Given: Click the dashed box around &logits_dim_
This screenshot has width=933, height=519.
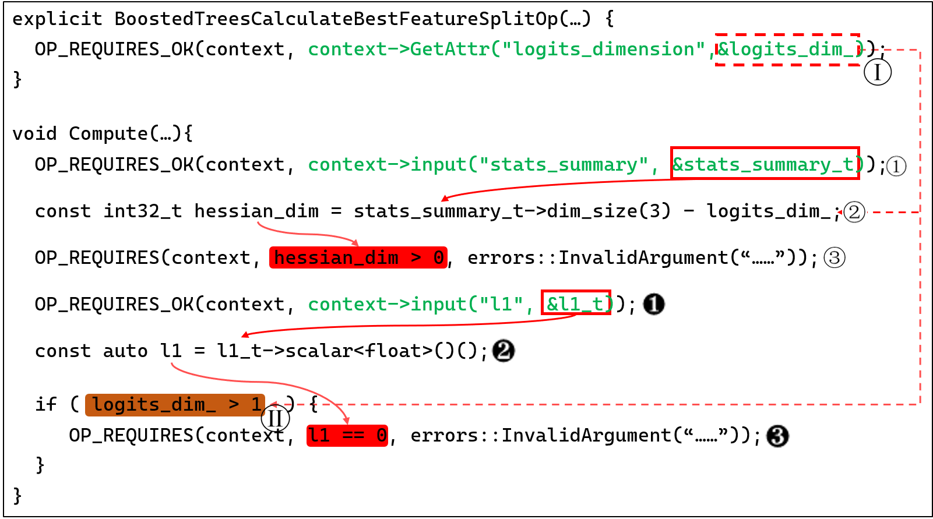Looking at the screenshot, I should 787,50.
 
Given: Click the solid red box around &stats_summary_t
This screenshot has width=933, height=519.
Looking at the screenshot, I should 765,163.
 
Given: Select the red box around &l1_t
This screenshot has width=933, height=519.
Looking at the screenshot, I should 576,302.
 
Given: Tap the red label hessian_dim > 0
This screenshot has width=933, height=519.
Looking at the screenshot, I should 358,257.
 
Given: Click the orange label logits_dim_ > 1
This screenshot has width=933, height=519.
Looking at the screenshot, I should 175,405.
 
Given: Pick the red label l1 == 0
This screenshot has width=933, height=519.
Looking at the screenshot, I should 347,436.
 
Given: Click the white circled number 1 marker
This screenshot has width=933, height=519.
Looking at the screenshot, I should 896,166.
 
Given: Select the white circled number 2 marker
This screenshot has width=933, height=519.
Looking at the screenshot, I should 854,212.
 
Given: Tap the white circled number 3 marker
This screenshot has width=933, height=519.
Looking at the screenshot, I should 835,257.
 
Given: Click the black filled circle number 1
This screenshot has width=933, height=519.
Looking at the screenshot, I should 653,304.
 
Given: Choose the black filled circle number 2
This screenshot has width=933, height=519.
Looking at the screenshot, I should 504,351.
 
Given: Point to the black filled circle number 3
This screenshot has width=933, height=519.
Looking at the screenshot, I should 777,436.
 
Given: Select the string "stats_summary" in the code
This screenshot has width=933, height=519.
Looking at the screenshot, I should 563,165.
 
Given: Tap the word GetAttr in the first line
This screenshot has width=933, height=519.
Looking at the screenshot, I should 449,50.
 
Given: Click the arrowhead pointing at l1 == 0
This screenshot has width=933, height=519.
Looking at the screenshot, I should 347,421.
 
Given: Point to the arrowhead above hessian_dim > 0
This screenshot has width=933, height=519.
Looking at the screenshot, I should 355,243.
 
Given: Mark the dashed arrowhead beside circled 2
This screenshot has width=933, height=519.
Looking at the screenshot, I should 840,212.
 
